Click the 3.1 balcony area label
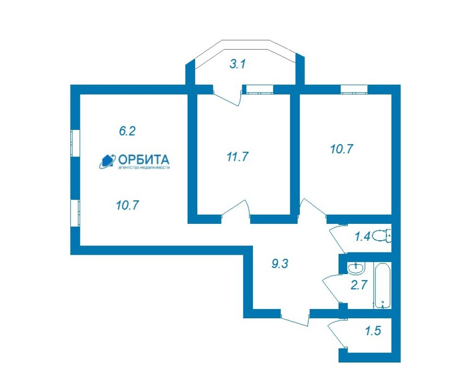[x=238, y=64]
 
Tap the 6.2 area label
[x=127, y=131]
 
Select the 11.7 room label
[x=238, y=157]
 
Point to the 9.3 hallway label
[x=280, y=264]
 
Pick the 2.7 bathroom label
[x=359, y=285]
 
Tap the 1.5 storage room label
[x=373, y=331]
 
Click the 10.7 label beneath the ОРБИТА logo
[x=127, y=205]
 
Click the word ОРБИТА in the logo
[x=144, y=159]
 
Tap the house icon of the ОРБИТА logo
[x=107, y=161]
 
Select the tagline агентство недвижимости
[x=144, y=167]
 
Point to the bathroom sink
[x=356, y=268]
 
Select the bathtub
[x=382, y=285]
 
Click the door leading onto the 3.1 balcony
[x=227, y=96]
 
